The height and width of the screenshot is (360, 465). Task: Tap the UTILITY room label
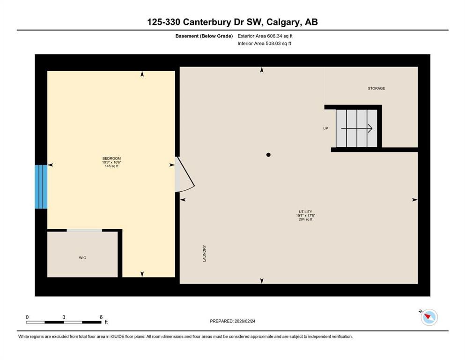pyautogui.click(x=305, y=212)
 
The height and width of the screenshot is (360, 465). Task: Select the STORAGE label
pyautogui.click(x=376, y=89)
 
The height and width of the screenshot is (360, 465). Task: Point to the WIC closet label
pyautogui.click(x=82, y=258)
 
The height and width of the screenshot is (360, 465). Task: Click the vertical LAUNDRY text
pyautogui.click(x=205, y=253)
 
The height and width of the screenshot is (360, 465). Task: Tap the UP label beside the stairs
pyautogui.click(x=325, y=128)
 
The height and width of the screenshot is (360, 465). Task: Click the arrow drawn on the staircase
pyautogui.click(x=357, y=128)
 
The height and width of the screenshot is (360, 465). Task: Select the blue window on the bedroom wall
pyautogui.click(x=41, y=187)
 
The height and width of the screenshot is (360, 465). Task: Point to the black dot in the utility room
pyautogui.click(x=268, y=155)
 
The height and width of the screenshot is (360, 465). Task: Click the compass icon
pyautogui.click(x=429, y=317)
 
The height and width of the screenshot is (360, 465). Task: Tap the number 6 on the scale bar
pyautogui.click(x=101, y=317)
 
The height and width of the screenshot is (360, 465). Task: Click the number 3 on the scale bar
pyautogui.click(x=63, y=317)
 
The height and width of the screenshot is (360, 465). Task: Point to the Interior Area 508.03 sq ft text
pyautogui.click(x=264, y=44)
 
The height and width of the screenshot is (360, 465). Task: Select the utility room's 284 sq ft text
pyautogui.click(x=305, y=219)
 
